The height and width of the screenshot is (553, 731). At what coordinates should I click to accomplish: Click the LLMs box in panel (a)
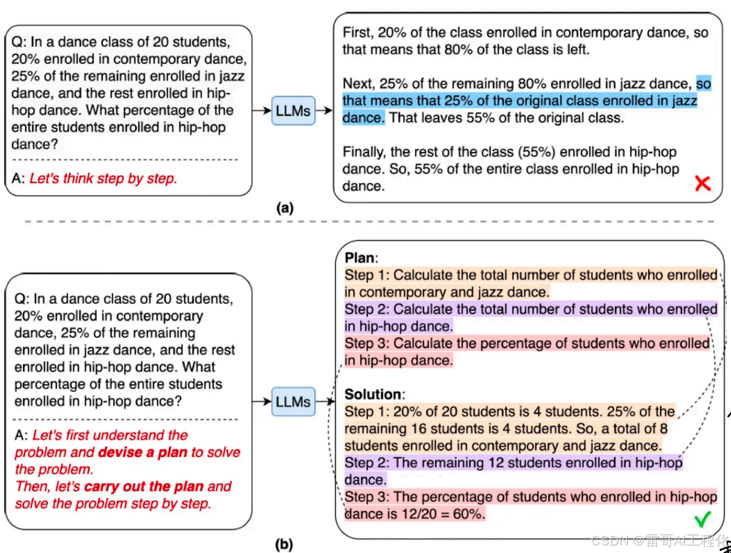point(293,111)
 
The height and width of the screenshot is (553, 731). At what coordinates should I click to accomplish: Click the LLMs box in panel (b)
point(293,402)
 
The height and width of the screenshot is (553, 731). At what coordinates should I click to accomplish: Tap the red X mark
point(703,184)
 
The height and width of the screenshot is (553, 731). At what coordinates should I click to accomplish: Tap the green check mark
point(703,519)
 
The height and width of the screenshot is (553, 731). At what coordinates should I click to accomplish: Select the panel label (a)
point(284,208)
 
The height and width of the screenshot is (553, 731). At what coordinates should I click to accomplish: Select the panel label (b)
point(284,544)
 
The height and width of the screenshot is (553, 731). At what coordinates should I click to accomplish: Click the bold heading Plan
point(360,258)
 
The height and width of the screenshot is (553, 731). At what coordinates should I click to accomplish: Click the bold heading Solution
point(373,395)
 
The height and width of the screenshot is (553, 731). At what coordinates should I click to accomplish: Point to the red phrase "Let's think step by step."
point(103,178)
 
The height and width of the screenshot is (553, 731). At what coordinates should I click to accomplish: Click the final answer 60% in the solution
point(468,514)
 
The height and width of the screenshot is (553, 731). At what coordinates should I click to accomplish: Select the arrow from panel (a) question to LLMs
point(262,111)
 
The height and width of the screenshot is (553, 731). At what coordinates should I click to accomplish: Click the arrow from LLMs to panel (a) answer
point(324,111)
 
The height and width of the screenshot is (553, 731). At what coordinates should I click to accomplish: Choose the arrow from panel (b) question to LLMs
point(262,402)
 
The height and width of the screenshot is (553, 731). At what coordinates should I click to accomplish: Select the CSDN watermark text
point(658,540)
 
